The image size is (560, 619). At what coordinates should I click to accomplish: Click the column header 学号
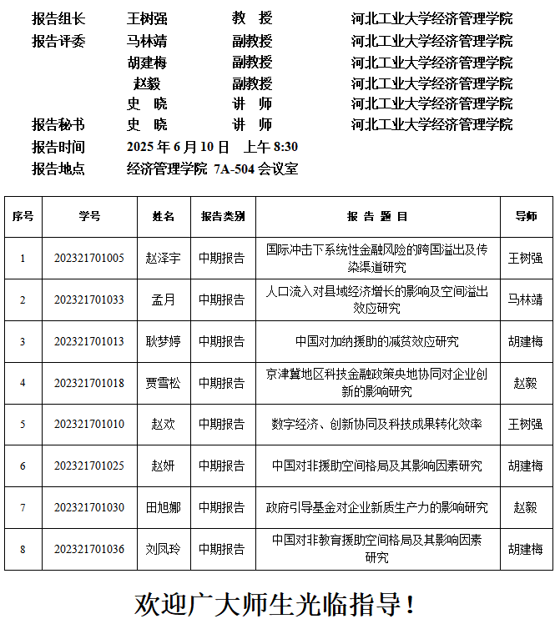tap(89, 216)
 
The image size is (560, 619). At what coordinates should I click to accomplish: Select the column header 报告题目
tap(377, 216)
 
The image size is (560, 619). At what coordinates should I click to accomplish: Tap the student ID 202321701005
tap(89, 258)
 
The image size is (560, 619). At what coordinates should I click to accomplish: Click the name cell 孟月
tap(164, 299)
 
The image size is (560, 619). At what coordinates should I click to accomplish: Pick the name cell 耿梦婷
tap(164, 341)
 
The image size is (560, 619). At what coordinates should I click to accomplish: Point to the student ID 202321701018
tap(89, 383)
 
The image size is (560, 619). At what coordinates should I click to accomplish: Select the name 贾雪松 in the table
tap(164, 383)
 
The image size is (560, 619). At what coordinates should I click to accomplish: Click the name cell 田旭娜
tap(164, 507)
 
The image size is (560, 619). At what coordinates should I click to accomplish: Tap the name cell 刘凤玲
tap(164, 549)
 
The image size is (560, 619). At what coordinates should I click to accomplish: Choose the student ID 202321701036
tap(89, 549)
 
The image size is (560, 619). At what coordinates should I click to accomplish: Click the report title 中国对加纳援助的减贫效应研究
tap(377, 341)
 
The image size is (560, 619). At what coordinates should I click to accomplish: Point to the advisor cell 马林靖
tap(525, 299)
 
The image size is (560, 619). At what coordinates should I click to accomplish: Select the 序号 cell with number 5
tap(23, 425)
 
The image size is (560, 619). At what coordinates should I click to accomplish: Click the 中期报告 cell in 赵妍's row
tap(222, 466)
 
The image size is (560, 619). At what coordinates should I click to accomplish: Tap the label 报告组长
tap(58, 18)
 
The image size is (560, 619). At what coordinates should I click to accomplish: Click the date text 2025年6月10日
tap(178, 147)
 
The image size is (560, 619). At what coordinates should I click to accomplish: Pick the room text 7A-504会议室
tap(255, 169)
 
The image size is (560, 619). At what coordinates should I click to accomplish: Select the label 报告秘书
tap(58, 124)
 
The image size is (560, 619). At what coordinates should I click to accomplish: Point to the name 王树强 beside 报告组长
tap(147, 18)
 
